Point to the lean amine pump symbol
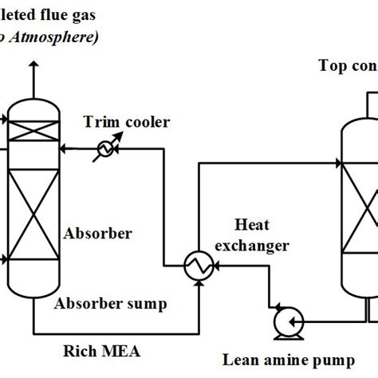pyautogui.click(x=283, y=322)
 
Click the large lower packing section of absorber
pyautogui.click(x=33, y=220)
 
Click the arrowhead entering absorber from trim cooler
pyautogui.click(x=65, y=148)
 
